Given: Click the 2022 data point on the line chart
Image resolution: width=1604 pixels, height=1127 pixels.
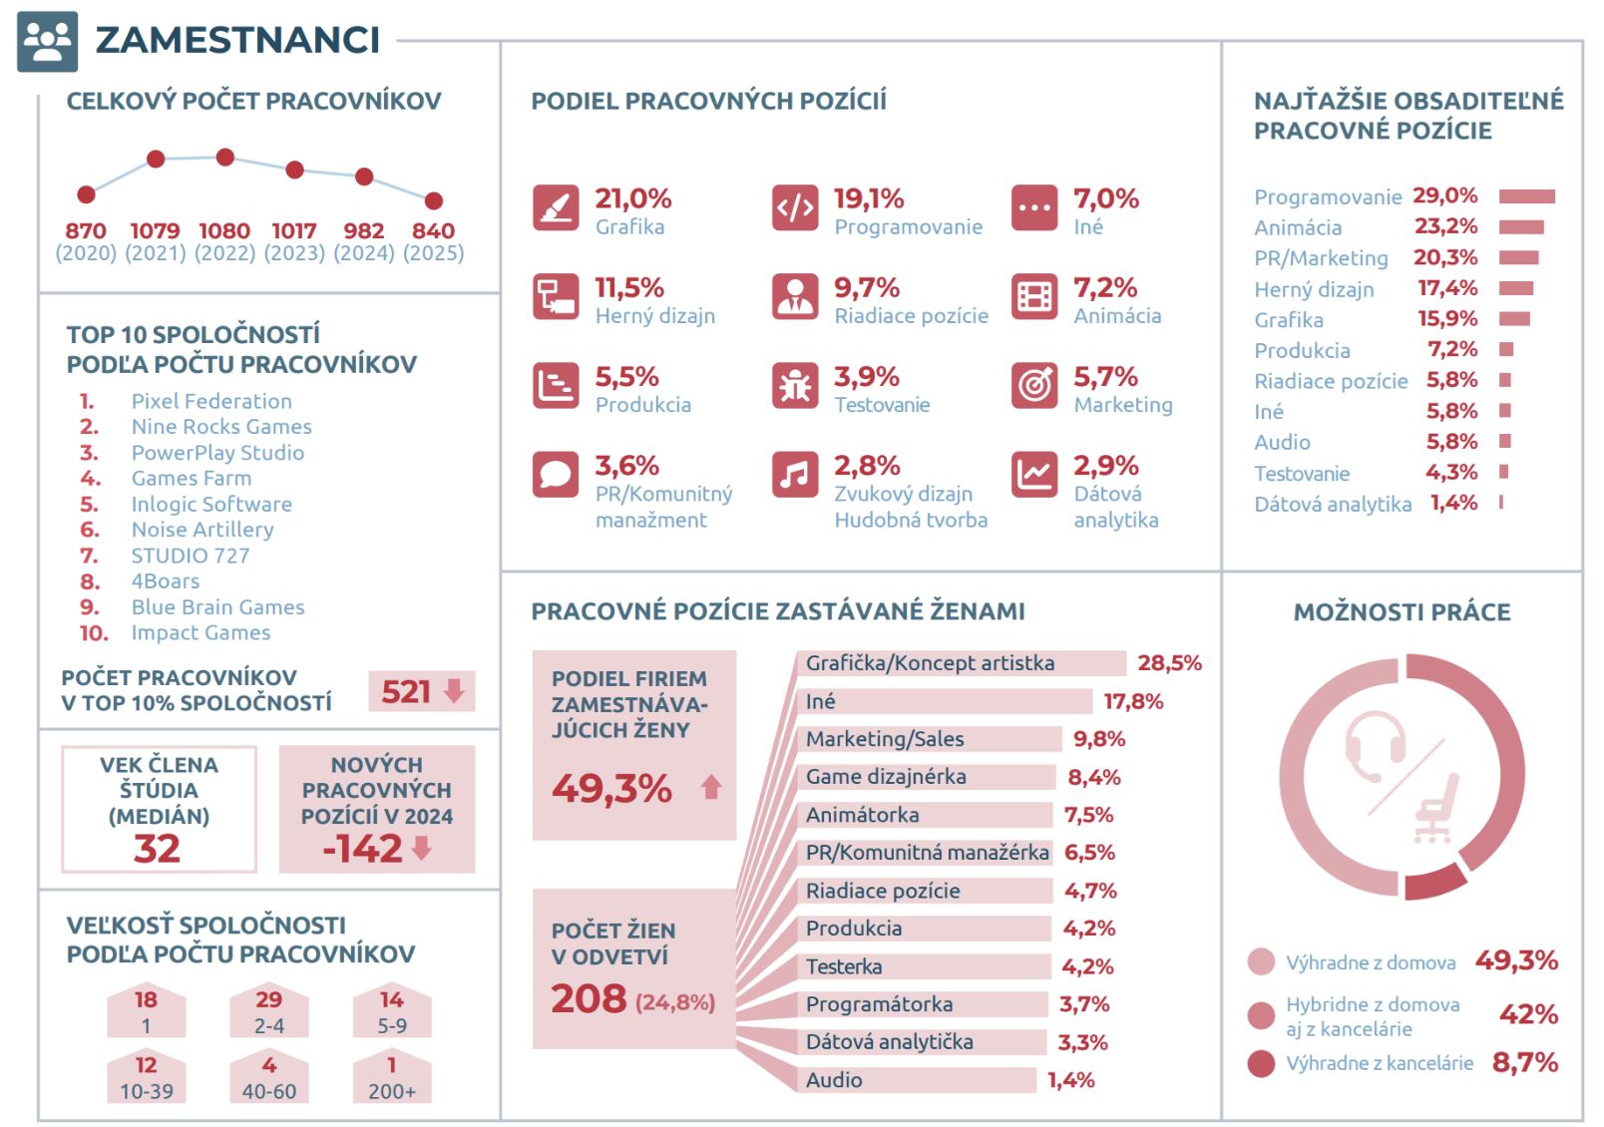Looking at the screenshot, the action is coord(224,157).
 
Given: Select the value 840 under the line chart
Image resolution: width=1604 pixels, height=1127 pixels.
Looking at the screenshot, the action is coord(433,230).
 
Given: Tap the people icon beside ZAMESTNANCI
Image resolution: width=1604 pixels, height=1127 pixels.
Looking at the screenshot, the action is coord(47,42).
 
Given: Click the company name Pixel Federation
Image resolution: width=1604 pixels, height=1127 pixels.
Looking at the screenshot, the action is coord(211,401).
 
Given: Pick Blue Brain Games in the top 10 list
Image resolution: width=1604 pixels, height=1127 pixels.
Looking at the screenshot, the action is coord(217,607).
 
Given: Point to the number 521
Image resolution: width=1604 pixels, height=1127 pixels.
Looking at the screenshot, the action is coord(406,692).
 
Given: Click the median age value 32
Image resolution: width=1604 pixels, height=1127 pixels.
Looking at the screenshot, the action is coord(157,849).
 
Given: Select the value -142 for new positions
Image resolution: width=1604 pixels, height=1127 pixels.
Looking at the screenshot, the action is coord(362,850).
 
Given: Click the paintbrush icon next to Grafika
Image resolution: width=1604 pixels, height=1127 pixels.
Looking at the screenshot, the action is coord(556,207).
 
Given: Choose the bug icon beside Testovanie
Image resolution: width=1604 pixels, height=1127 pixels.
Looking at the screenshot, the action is coord(795,385).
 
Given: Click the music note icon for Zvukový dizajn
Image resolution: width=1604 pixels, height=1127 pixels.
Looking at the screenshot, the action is coord(795,474).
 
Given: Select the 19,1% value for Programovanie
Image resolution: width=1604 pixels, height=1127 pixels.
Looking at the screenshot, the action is coord(869,198).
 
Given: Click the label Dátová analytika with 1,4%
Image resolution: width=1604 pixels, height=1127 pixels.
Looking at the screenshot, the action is coord(1333,504).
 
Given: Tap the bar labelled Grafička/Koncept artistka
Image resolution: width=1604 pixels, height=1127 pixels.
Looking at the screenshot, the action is coord(961,663).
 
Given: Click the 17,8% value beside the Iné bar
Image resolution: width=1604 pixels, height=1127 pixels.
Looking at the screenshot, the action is coord(1133,701).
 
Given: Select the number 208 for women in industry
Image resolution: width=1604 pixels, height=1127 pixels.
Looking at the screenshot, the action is coord(589,998).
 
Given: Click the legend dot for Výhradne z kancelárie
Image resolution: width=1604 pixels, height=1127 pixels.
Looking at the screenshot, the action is coord(1261,1063).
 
